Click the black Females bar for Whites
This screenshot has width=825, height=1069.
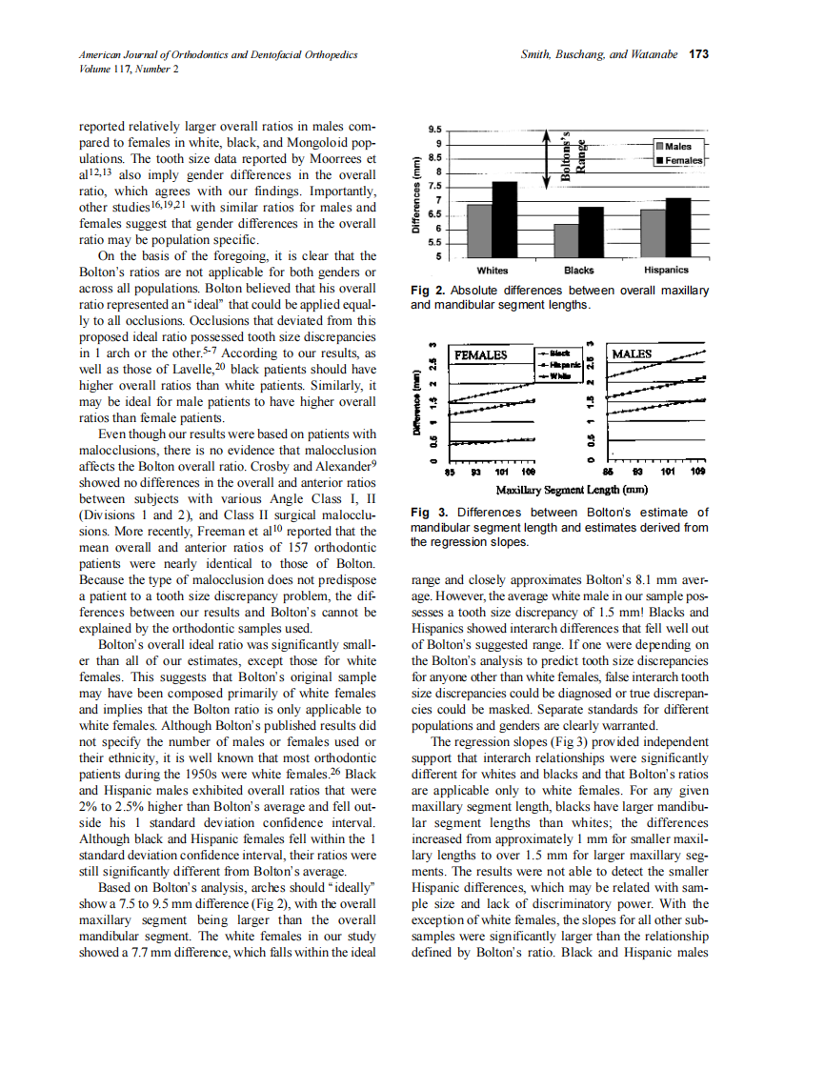click(x=505, y=218)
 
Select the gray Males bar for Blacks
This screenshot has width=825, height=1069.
click(x=566, y=240)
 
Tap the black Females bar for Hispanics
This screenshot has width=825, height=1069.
click(x=677, y=227)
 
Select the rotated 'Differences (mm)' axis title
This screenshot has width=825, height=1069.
click(x=416, y=195)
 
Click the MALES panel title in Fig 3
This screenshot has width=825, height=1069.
click(x=633, y=354)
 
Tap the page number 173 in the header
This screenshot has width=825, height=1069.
click(x=698, y=54)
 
